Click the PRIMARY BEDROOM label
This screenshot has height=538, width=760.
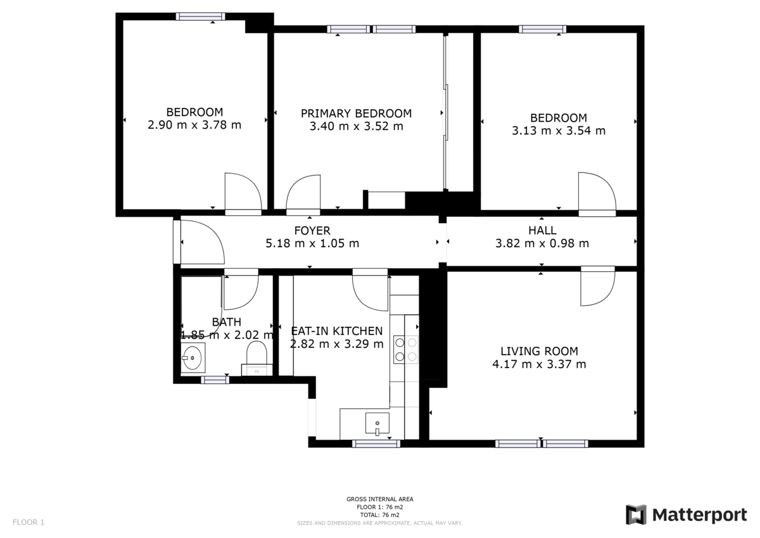pos(356,113)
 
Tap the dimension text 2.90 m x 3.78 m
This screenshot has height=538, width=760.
pos(194,125)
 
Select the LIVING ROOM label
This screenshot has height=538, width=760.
pos(539,351)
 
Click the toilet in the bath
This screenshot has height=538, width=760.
pos(257,355)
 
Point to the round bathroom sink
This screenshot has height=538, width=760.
pos(193,357)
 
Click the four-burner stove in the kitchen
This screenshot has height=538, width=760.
pos(406,349)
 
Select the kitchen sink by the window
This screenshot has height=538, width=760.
pos(377,423)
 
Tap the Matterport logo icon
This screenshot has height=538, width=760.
pos(636,515)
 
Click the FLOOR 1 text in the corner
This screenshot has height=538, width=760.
pos(28,523)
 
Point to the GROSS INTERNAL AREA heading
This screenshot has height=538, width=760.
pos(380,499)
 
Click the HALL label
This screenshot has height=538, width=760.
pos(542,231)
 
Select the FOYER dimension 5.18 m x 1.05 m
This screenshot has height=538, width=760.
pos(312,243)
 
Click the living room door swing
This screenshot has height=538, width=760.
pos(597,287)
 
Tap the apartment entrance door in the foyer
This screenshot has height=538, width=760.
pos(201,242)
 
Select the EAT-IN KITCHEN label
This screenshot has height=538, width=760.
pos(336,331)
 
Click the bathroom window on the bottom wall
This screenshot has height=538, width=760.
pos(215,380)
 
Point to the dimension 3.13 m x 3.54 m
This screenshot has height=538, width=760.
pos(558,131)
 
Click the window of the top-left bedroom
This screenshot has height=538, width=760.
pos(200,16)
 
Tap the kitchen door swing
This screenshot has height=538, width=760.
pos(370,291)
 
